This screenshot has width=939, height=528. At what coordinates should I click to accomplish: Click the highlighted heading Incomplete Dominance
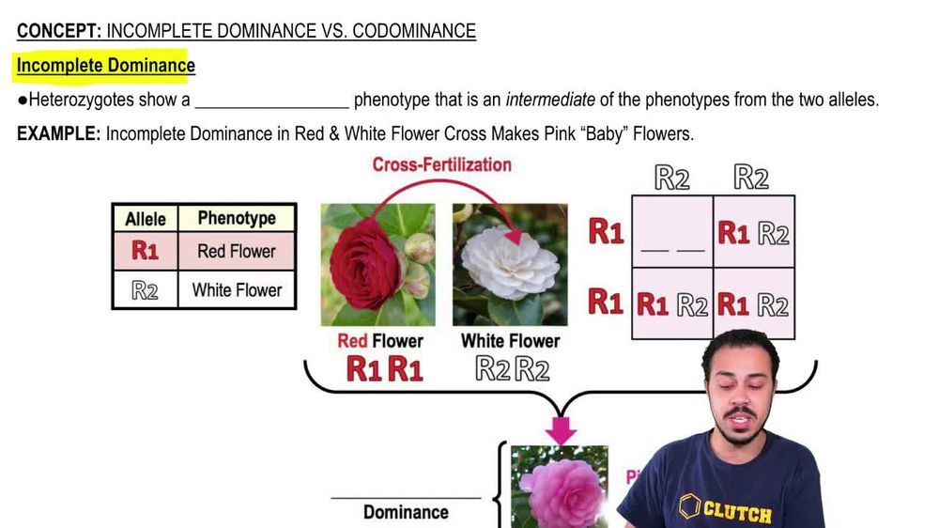[x=105, y=66]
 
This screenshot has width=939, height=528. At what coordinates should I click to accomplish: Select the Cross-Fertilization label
[x=441, y=164]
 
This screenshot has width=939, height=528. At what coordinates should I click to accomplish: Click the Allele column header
[x=146, y=219]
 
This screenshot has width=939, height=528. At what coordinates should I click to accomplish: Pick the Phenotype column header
[x=237, y=218]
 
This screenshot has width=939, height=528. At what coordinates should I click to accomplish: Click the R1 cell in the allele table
[x=146, y=252]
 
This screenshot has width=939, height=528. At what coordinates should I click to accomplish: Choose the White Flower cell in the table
[x=237, y=290]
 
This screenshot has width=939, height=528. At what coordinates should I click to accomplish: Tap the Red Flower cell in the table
[x=237, y=252]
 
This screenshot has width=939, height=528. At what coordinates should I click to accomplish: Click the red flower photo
[x=378, y=264]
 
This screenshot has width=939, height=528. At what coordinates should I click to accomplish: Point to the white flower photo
[x=510, y=264]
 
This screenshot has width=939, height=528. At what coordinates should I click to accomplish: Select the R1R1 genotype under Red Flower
[x=385, y=369]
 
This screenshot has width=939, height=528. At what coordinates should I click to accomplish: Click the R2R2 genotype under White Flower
[x=512, y=369]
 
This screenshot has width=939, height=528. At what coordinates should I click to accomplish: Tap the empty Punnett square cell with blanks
[x=672, y=232]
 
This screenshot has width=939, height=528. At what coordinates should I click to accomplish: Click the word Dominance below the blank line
[x=406, y=512]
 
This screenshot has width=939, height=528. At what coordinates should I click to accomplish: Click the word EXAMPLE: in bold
[x=58, y=133]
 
